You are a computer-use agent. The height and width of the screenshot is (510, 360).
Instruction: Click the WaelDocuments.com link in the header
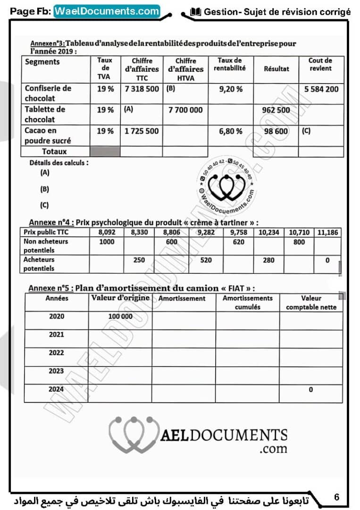pos(107,11)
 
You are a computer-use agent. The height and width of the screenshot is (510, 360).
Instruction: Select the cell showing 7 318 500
pos(142,89)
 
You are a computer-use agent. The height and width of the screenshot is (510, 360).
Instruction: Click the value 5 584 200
pos(321,89)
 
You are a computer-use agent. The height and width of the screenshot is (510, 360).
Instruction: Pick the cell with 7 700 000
pos(185,110)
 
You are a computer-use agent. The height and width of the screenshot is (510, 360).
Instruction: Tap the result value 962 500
pos(276,110)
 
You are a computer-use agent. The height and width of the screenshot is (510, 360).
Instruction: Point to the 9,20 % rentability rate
pos(231,89)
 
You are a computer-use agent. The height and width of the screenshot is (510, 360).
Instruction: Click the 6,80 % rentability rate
pos(231,131)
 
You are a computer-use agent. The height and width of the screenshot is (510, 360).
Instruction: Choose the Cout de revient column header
pos(320,64)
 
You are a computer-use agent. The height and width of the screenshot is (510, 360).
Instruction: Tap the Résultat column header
pos(276,68)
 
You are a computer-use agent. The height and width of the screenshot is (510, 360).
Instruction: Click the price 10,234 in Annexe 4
pos(268,232)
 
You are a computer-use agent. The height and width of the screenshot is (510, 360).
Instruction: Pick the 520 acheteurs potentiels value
pos(206,260)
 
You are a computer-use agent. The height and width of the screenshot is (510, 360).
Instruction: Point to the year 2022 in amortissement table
pos(57,353)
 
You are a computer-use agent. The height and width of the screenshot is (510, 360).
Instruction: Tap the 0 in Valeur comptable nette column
pos(311,390)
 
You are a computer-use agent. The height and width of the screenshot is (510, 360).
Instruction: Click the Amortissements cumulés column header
pos(248,302)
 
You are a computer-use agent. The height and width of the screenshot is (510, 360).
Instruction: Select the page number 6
pos(336,497)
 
